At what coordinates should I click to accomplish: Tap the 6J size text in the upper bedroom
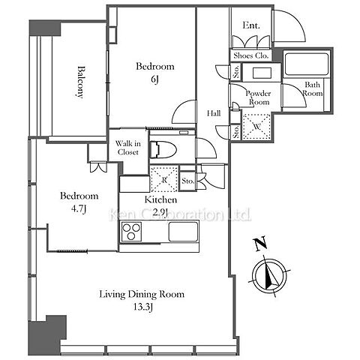(x=154, y=79)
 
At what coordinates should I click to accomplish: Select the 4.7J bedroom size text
(x=79, y=208)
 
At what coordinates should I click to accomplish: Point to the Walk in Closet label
(x=127, y=148)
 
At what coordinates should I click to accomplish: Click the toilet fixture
(x=163, y=149)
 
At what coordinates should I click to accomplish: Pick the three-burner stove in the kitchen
(x=131, y=232)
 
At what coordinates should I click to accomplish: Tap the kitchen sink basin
(x=183, y=232)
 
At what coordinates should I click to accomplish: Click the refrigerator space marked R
(x=164, y=179)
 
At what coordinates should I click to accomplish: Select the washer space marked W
(x=256, y=127)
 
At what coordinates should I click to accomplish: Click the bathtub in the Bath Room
(x=306, y=64)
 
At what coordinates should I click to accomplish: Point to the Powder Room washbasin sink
(x=262, y=73)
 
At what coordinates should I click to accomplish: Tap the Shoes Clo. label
(x=251, y=55)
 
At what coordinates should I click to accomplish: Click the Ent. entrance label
(x=251, y=25)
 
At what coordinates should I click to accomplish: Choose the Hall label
(x=214, y=113)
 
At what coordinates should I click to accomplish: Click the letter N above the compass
(x=260, y=244)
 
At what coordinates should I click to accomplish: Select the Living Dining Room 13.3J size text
(x=142, y=307)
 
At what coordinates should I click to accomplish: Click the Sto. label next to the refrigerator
(x=187, y=181)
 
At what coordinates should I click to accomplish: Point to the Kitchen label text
(x=160, y=199)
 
